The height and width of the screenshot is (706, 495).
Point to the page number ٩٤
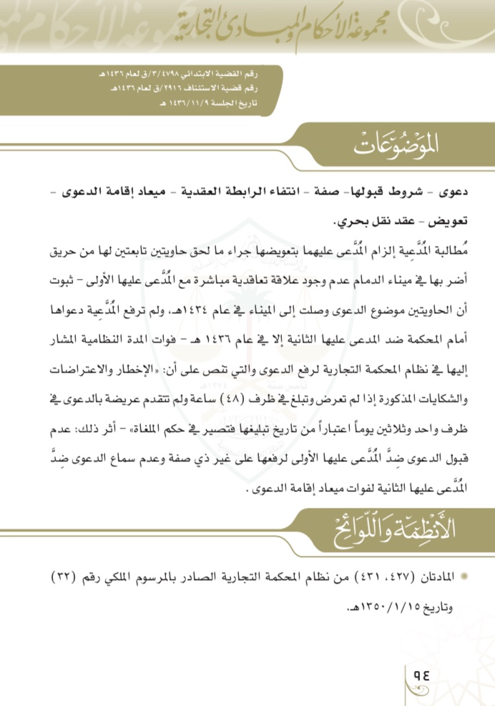(x=416, y=673)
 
